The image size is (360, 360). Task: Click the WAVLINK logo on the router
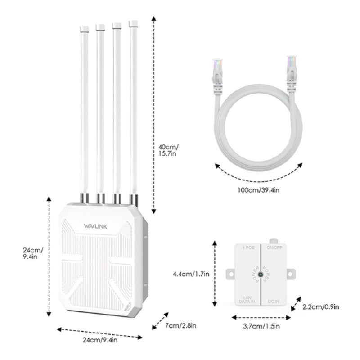95,225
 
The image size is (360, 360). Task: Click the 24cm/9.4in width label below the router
100,340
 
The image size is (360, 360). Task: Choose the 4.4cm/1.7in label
191,274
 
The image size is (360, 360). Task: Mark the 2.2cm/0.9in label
321,307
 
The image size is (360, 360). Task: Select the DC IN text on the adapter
274,300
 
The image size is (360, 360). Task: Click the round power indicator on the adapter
261,274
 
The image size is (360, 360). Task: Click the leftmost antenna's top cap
84,29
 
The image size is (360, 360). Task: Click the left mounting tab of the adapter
230,273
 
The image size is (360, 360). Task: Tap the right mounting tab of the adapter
291,273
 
